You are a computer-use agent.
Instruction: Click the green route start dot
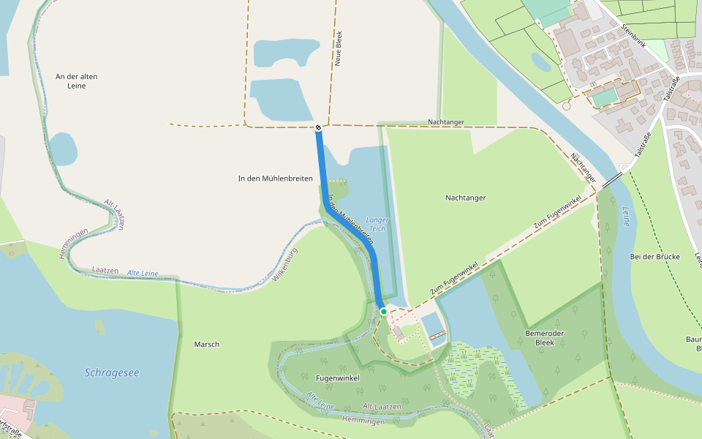(x=383, y=312)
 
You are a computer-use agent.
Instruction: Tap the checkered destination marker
(x=319, y=128)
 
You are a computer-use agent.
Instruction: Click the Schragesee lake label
(x=111, y=372)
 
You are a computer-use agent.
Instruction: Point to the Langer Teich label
(x=377, y=224)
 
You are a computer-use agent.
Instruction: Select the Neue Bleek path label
(x=339, y=49)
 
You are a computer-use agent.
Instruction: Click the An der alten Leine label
(x=76, y=81)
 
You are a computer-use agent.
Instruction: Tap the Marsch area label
(x=206, y=344)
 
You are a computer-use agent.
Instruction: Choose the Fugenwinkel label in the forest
(x=336, y=378)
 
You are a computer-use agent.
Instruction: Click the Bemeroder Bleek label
(x=545, y=337)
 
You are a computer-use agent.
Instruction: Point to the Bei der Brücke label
(x=654, y=257)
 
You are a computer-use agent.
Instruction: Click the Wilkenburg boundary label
(x=287, y=265)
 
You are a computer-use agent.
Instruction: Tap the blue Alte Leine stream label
(x=143, y=273)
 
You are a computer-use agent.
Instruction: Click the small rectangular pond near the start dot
(x=431, y=325)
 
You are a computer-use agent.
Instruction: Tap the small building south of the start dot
(x=398, y=333)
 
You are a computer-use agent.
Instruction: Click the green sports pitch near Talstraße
(x=604, y=97)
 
